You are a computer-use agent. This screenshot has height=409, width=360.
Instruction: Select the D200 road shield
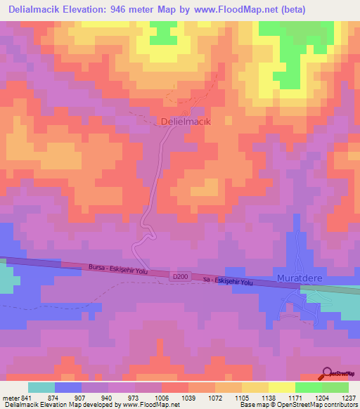[181, 278]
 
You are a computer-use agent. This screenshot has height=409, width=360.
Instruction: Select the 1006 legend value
[161, 398]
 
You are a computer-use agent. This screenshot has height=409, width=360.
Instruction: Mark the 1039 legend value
[188, 398]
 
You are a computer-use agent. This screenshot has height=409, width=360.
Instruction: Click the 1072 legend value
[214, 398]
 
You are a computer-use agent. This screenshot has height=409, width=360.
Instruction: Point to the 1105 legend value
[241, 398]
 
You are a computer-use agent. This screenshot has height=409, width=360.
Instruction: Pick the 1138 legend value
[268, 398]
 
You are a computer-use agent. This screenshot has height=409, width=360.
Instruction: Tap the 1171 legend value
[295, 398]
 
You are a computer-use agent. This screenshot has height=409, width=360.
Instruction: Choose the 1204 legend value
[321, 398]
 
